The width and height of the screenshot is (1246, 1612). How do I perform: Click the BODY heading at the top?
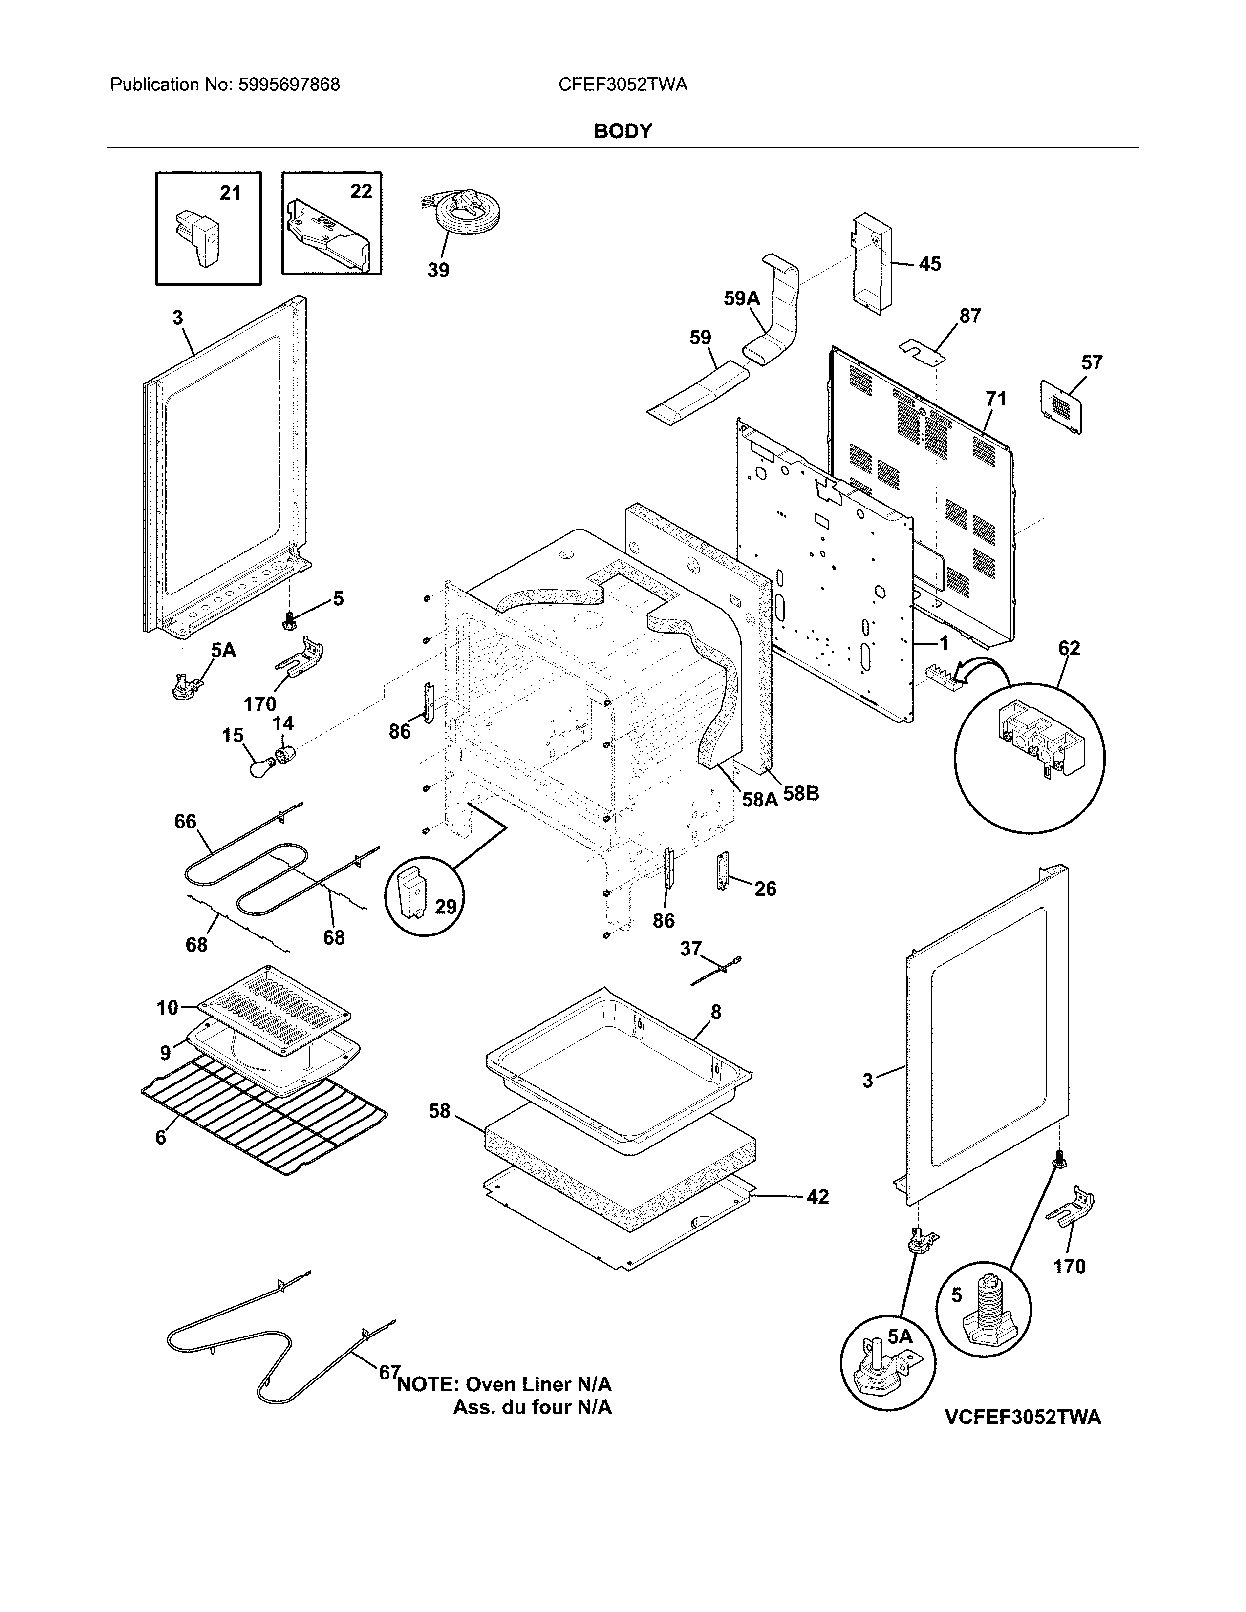[x=622, y=131]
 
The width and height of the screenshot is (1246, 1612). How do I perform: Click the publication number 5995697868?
[x=289, y=85]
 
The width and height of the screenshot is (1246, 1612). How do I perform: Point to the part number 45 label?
[x=929, y=263]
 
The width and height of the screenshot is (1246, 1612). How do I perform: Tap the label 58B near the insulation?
[x=801, y=794]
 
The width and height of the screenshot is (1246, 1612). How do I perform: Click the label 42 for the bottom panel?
[x=817, y=1196]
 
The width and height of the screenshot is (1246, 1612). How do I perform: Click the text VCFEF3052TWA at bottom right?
[x=1022, y=1417]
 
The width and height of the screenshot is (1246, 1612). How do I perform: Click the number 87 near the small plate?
[x=970, y=316]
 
